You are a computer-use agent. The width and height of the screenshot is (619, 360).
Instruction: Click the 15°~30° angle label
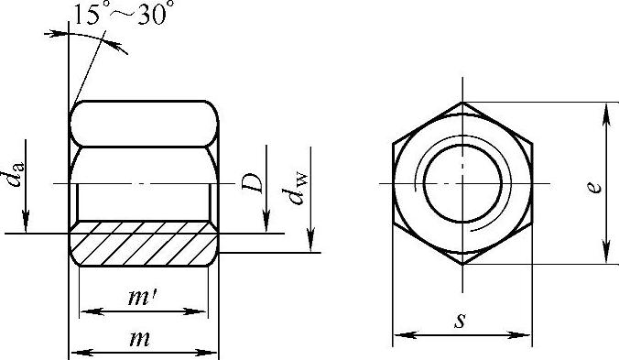(x=124, y=14)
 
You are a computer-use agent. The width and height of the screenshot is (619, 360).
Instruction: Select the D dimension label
(x=252, y=183)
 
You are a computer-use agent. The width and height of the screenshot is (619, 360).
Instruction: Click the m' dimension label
(x=143, y=297)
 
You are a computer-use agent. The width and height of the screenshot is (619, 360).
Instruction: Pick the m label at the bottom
(x=140, y=339)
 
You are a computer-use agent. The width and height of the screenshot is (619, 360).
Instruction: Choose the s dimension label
(x=460, y=320)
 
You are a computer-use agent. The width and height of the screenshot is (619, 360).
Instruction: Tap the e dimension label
(x=594, y=187)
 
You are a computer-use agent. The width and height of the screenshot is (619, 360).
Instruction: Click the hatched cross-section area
(x=144, y=244)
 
